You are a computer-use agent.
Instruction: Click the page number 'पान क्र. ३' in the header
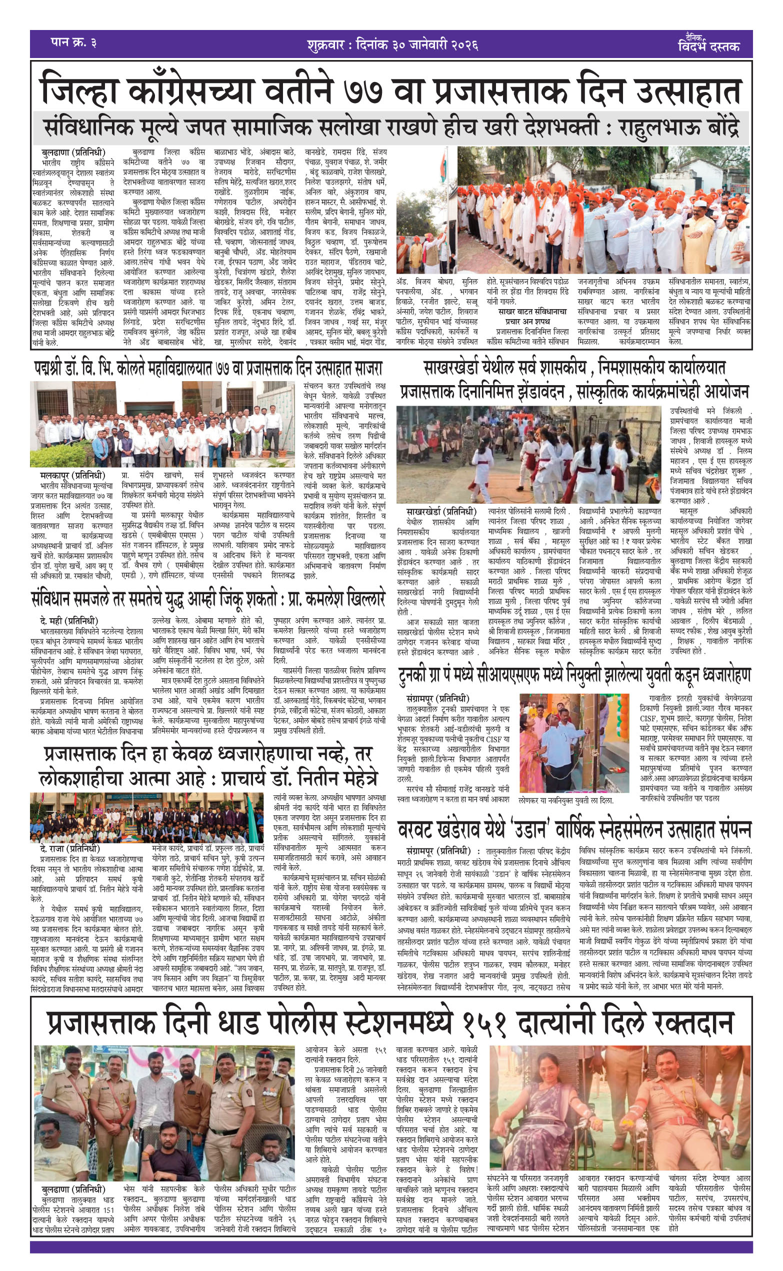click(73, 43)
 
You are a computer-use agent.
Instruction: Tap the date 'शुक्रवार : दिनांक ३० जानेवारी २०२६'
click(391, 45)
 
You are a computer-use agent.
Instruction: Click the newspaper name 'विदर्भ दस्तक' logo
click(708, 45)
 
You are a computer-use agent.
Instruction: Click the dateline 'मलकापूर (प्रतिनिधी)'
click(72, 476)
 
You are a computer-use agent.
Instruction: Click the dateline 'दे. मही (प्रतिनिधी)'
click(68, 620)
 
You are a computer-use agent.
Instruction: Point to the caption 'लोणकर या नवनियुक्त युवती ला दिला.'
click(565, 800)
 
